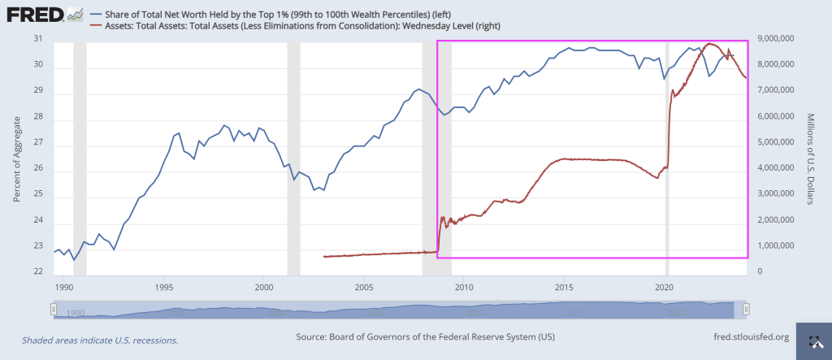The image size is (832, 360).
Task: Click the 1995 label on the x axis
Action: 164,287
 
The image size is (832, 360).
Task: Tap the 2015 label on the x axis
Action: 565,287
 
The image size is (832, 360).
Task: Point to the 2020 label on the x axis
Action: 665,287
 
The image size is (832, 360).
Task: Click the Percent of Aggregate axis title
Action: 17,156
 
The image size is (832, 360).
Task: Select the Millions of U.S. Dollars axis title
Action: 813,156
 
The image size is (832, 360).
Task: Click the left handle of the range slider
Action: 53,309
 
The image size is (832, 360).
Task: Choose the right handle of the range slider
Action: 746,309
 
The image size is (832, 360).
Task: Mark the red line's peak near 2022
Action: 711,43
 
